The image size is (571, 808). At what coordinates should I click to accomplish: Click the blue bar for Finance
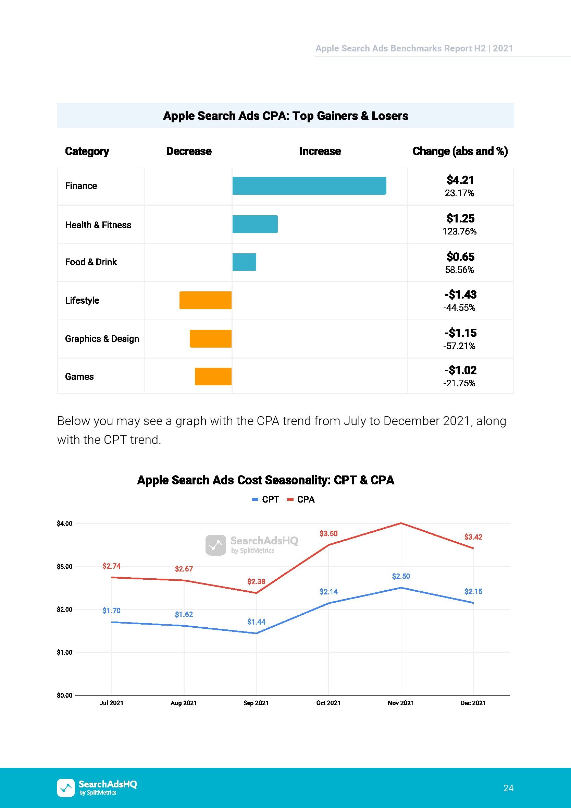coord(309,185)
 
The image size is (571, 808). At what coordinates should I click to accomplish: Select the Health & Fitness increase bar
coord(255,224)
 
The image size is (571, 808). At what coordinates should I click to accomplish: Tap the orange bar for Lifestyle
coord(205,300)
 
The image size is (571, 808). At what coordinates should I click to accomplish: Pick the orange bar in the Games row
coord(213,376)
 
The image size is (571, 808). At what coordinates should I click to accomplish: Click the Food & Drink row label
coord(91,262)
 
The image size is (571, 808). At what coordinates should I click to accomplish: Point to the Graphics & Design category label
coord(102,339)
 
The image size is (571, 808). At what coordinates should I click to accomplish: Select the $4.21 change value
coord(460,180)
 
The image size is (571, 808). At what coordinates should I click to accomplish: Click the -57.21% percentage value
coord(459,346)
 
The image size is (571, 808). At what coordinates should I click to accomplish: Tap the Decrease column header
coord(189,151)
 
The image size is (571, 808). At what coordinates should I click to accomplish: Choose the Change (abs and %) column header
coord(460,151)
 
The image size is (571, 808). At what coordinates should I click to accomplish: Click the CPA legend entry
coord(301,499)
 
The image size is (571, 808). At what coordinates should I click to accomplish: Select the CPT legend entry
coord(265,499)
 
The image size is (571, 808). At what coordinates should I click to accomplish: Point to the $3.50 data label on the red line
coord(328,533)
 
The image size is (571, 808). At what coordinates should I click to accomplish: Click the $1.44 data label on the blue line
coord(256,622)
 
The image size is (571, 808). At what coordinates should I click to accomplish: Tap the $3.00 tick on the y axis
coord(65,567)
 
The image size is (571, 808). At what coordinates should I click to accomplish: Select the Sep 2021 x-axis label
coord(256,703)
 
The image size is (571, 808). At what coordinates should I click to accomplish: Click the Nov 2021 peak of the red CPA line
coord(401,523)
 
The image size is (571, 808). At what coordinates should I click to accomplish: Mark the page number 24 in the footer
coord(508,788)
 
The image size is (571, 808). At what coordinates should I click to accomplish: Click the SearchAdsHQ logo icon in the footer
coord(66,787)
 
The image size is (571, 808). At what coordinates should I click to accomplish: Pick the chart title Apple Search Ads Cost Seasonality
coord(265,480)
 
